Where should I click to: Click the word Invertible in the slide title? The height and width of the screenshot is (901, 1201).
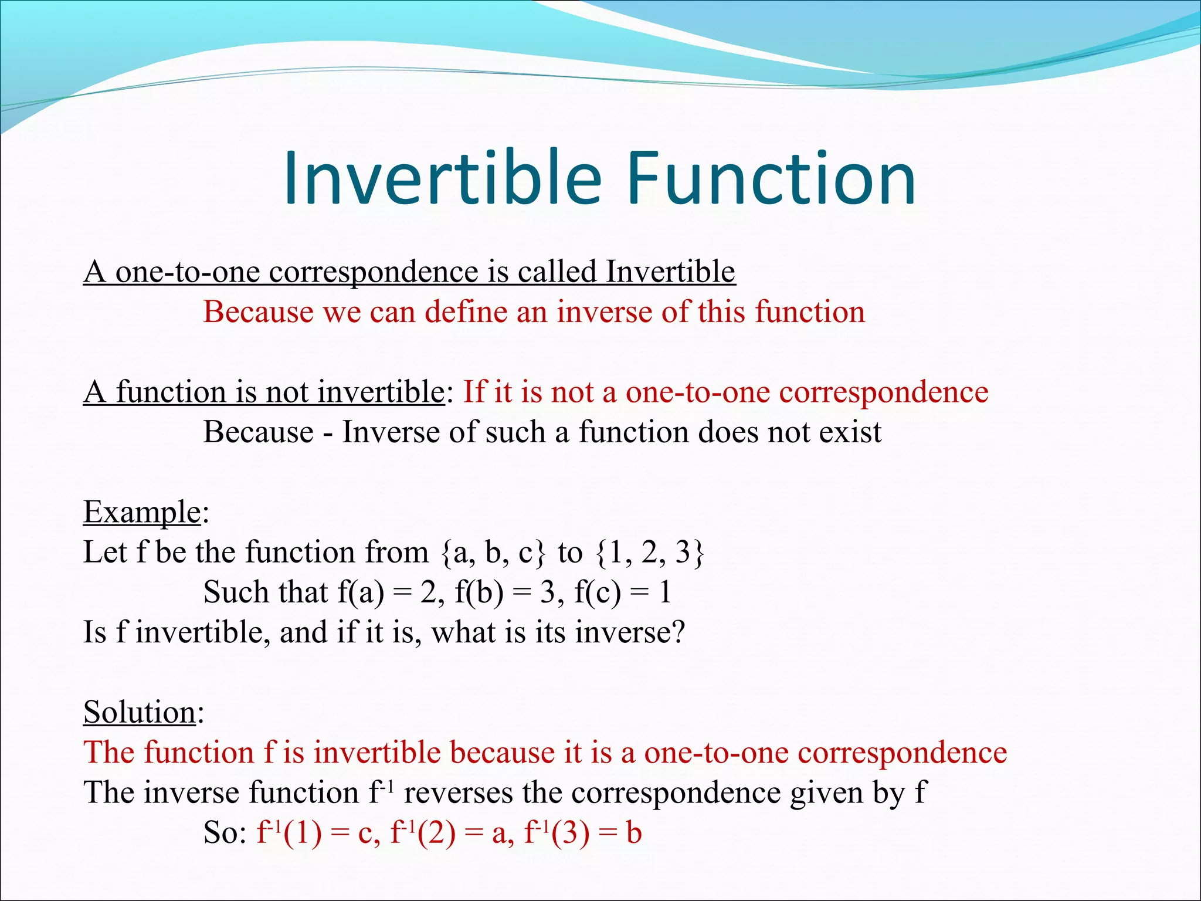tap(443, 179)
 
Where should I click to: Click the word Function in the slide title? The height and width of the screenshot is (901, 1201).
tap(771, 179)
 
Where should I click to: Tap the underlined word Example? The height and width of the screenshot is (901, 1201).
tap(142, 512)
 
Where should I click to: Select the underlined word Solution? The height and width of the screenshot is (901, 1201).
tap(140, 712)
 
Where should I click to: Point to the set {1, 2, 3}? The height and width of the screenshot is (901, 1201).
tap(649, 553)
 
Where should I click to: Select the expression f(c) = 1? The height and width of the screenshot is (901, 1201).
tap(623, 592)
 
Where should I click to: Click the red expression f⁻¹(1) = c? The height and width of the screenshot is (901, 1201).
tap(317, 833)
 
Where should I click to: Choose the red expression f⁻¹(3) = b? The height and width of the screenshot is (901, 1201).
tap(583, 833)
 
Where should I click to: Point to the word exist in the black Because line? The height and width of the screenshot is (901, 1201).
tap(850, 432)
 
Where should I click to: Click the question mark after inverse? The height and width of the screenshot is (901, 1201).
tap(678, 633)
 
